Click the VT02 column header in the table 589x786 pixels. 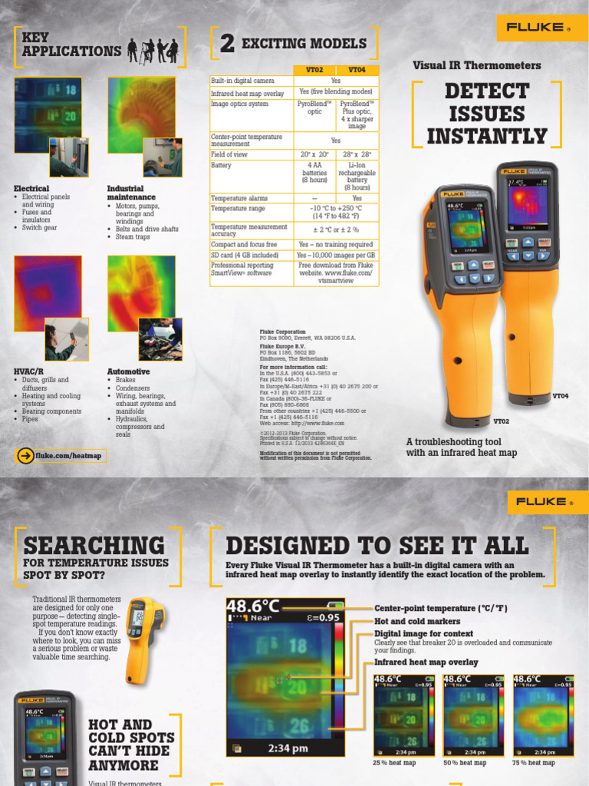click(x=315, y=69)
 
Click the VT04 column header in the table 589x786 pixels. click(x=357, y=69)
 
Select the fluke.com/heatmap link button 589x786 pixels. click(x=60, y=455)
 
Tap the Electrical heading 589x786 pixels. click(x=31, y=188)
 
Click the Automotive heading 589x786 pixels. click(x=128, y=372)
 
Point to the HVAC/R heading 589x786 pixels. click(x=29, y=372)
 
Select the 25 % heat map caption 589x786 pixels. click(x=394, y=762)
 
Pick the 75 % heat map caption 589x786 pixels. click(x=534, y=762)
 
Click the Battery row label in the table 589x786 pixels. click(x=222, y=165)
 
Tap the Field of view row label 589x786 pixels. click(x=230, y=154)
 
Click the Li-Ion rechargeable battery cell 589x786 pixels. click(x=357, y=176)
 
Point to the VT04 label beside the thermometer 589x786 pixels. click(x=561, y=396)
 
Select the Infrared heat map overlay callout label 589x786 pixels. click(x=426, y=662)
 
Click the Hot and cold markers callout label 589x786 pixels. click(x=417, y=621)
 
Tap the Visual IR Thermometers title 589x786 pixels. click(x=476, y=65)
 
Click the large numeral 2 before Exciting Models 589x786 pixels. click(x=227, y=45)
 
